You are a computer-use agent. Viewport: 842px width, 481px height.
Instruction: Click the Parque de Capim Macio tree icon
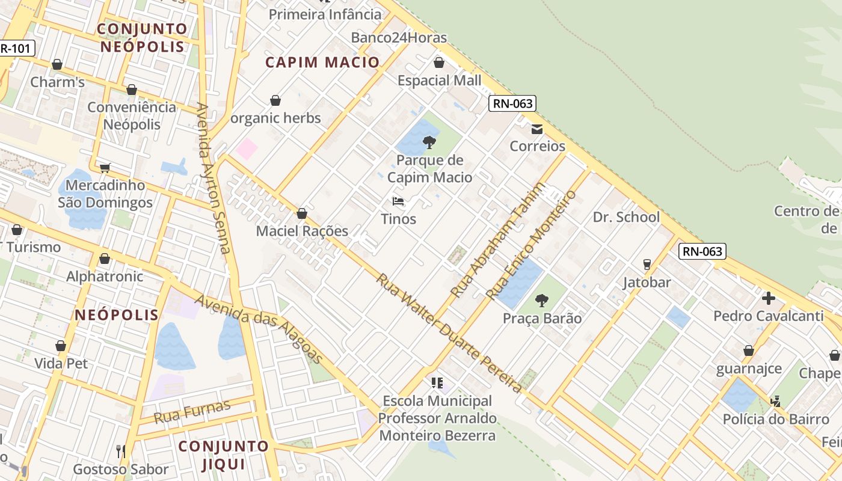click(x=429, y=142)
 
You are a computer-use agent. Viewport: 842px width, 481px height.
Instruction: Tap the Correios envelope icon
click(x=537, y=129)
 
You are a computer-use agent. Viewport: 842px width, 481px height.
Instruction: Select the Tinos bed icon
click(x=398, y=201)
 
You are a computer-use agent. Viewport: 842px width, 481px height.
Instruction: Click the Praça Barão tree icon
click(x=542, y=300)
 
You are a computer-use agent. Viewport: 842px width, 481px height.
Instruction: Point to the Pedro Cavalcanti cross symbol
click(x=768, y=298)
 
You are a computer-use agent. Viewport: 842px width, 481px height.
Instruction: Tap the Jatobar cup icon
click(x=647, y=265)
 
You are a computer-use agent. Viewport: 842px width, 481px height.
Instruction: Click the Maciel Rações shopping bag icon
click(x=302, y=213)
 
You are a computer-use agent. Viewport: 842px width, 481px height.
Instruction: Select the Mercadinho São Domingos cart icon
click(x=105, y=168)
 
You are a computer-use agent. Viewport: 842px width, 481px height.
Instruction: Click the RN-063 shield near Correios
click(x=512, y=103)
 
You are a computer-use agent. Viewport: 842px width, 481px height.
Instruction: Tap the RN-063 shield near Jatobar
click(x=702, y=251)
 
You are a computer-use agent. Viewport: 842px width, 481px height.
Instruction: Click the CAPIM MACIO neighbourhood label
click(x=323, y=62)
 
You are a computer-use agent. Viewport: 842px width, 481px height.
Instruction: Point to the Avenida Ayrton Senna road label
click(x=215, y=179)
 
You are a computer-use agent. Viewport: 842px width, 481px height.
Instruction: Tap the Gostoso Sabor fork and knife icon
click(x=120, y=451)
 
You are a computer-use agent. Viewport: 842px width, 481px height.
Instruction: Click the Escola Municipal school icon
click(x=437, y=382)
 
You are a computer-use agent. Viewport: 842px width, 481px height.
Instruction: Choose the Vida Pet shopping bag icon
click(x=61, y=346)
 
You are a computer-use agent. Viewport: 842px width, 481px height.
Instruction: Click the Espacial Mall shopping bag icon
click(x=439, y=63)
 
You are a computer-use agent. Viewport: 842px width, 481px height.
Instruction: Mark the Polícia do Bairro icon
click(x=776, y=401)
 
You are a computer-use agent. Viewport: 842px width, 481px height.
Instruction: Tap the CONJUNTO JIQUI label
click(x=223, y=455)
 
